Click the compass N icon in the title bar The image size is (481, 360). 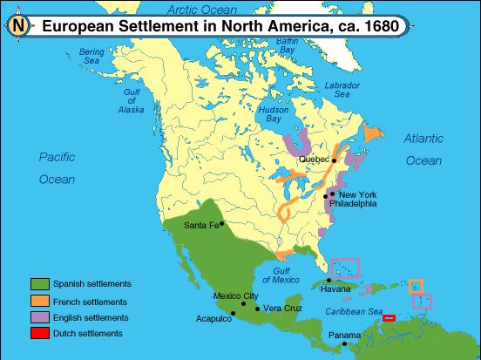[18, 26]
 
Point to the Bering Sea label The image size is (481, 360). [91, 57]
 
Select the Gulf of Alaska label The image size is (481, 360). [132, 102]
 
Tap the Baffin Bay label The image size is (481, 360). [287, 46]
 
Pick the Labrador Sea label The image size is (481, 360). [342, 90]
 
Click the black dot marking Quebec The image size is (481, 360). [334, 160]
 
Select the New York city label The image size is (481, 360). [357, 194]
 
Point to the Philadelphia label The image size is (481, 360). [353, 203]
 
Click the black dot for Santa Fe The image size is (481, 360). [221, 223]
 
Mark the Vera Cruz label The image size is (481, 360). [282, 309]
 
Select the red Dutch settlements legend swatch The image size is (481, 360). [39, 333]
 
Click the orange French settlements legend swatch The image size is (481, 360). [39, 301]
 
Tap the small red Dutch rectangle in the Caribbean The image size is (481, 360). [389, 318]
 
